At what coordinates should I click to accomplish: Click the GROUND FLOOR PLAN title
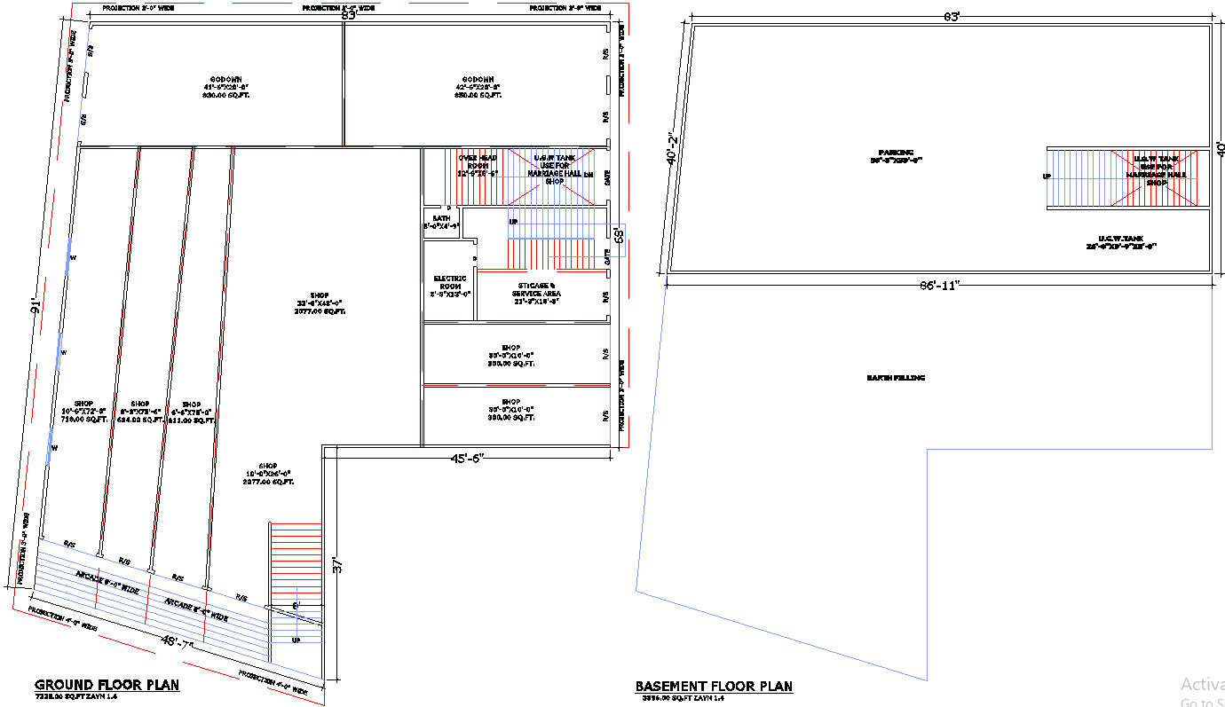click(x=107, y=685)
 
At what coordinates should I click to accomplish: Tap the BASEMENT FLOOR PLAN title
click(x=714, y=686)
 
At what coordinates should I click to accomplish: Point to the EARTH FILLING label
click(x=896, y=378)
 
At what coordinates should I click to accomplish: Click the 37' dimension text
click(x=337, y=565)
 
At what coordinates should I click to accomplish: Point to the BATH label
click(x=441, y=218)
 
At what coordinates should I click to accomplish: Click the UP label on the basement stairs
click(x=1047, y=177)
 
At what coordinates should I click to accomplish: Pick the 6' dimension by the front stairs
click(x=296, y=606)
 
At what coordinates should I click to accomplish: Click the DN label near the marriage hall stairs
click(x=588, y=175)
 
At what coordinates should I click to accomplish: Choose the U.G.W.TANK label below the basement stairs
click(x=1121, y=239)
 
